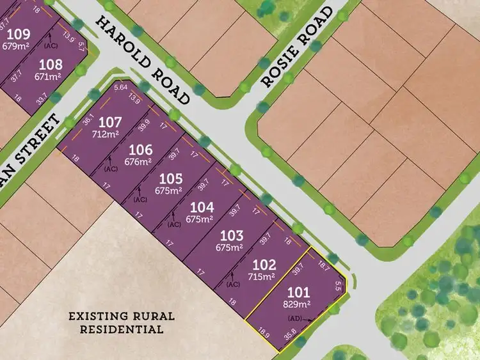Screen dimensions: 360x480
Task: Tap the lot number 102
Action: (264, 265)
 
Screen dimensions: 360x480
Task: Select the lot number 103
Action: (232, 235)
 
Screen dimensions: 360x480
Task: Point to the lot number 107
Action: (110, 121)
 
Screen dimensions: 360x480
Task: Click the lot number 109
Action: (17, 34)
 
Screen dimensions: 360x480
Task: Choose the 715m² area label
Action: (262, 277)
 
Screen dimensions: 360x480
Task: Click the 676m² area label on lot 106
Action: (140, 162)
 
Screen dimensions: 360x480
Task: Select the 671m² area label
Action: (51, 76)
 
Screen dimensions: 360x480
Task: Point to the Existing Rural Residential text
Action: (116, 323)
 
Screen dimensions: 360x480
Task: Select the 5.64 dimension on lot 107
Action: (120, 88)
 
